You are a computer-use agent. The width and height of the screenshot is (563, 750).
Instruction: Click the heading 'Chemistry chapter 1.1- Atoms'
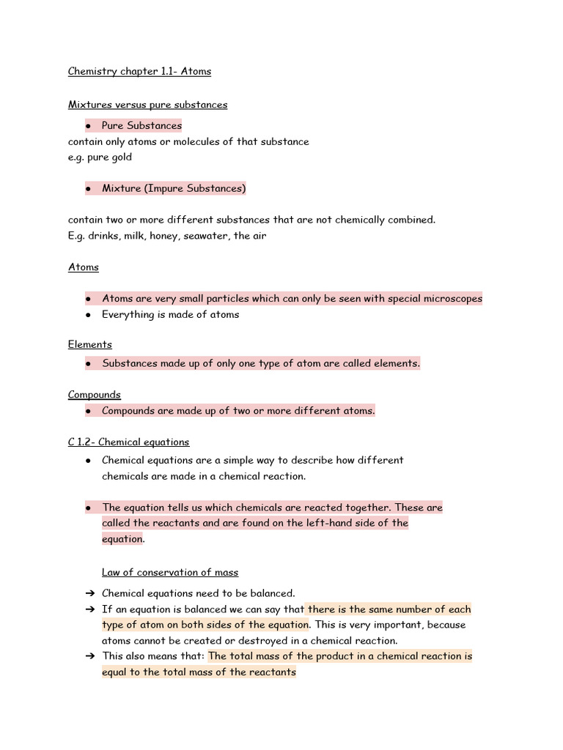pyautogui.click(x=139, y=71)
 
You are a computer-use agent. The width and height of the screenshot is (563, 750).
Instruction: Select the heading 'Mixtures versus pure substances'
pyautogui.click(x=147, y=105)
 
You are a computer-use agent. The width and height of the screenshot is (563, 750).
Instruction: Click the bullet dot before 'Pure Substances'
pyautogui.click(x=88, y=126)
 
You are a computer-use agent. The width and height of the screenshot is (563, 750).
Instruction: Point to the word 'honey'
pyautogui.click(x=164, y=236)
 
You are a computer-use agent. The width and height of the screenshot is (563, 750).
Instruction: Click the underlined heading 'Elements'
pyautogui.click(x=89, y=344)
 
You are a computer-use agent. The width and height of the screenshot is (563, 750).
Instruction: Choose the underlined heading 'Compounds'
pyautogui.click(x=94, y=395)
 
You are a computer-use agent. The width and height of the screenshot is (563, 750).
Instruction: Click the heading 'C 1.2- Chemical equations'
pyautogui.click(x=128, y=442)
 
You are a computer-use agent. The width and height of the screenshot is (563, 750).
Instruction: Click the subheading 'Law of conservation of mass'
pyautogui.click(x=170, y=573)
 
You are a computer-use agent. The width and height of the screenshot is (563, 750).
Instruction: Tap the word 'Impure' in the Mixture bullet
pyautogui.click(x=165, y=189)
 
